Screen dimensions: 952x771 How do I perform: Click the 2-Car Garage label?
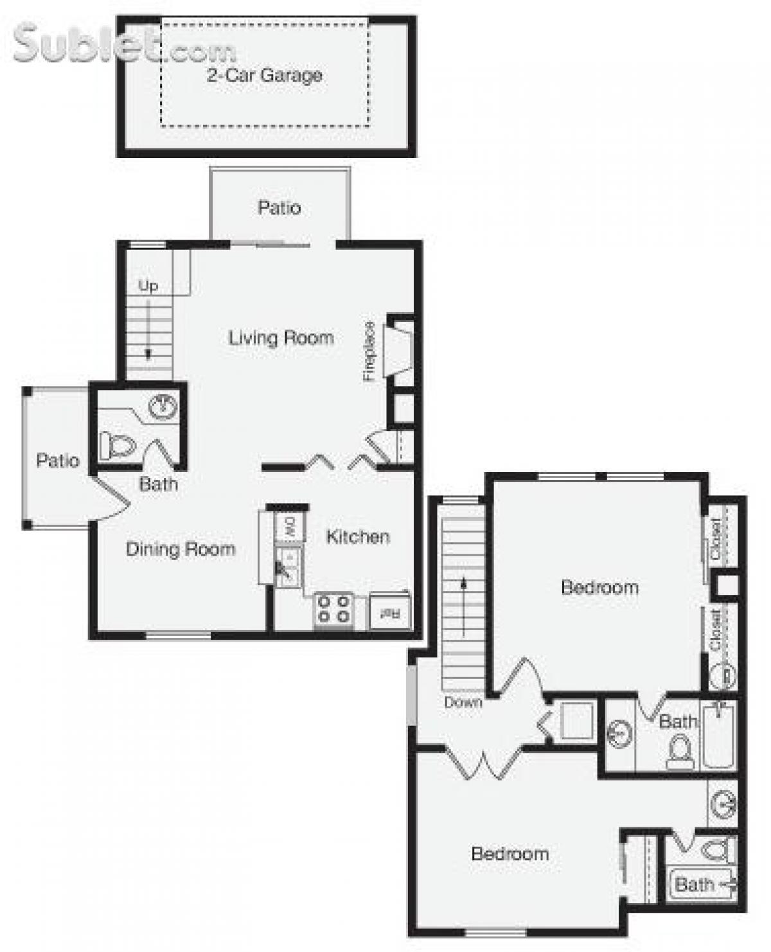pyautogui.click(x=264, y=75)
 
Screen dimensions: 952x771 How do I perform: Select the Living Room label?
pyautogui.click(x=281, y=338)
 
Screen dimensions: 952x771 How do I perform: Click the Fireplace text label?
pyautogui.click(x=369, y=351)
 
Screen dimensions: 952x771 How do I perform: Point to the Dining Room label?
pyautogui.click(x=181, y=549)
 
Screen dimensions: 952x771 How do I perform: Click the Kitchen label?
pyautogui.click(x=358, y=536)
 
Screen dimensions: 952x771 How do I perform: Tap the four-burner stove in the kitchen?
pyautogui.click(x=333, y=609)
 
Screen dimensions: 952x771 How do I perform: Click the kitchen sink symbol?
pyautogui.click(x=287, y=565)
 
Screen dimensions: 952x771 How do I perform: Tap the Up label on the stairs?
pyautogui.click(x=148, y=286)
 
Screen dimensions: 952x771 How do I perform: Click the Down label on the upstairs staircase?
pyautogui.click(x=463, y=702)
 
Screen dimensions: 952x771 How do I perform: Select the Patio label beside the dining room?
pyautogui.click(x=58, y=461)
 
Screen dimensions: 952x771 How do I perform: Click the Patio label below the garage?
pyautogui.click(x=279, y=207)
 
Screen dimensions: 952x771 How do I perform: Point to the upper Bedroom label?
pyautogui.click(x=599, y=587)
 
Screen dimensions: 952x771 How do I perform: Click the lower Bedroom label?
pyautogui.click(x=510, y=854)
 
